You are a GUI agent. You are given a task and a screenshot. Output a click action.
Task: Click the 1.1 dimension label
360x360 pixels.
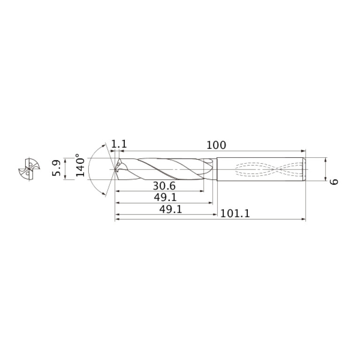coord(119,145)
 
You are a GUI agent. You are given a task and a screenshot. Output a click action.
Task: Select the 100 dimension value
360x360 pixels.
coord(216,145)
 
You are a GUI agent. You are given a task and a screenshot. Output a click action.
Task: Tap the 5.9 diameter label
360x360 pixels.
coord(56,168)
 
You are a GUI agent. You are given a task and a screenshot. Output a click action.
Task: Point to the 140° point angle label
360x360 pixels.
coord(80,165)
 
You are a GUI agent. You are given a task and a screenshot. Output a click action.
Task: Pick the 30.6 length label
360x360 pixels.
coord(164,186)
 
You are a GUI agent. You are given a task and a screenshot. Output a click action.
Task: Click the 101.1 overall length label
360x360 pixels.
coord(235,214)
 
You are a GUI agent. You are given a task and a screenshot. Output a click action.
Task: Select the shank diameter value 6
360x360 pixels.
coord(334,182)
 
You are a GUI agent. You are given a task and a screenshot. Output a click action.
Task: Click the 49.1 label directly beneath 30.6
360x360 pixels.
coord(165,197)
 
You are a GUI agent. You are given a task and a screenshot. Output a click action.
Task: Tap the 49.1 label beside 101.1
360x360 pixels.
coord(170,209)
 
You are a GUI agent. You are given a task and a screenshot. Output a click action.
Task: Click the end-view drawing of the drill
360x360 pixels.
coord(29,169)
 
